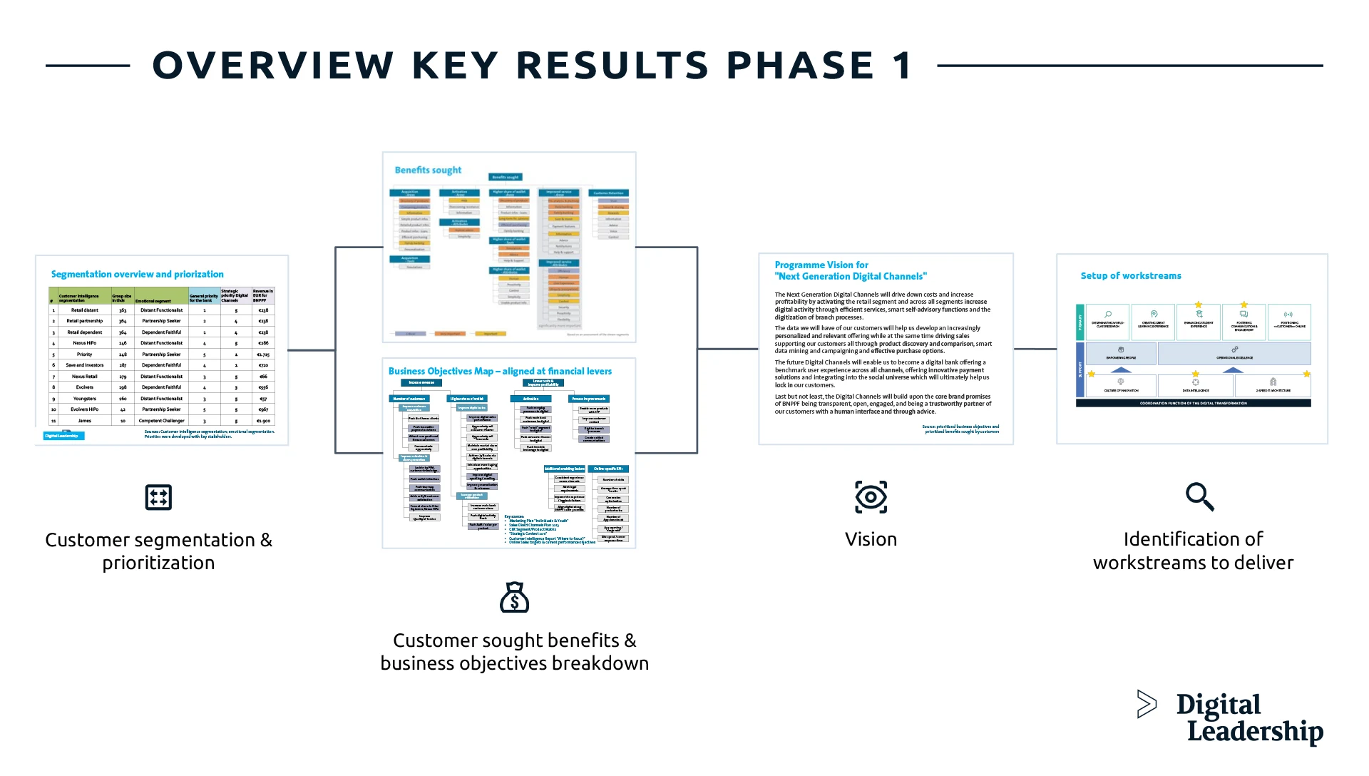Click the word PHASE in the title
click(800, 66)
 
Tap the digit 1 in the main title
click(902, 66)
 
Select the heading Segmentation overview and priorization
click(137, 275)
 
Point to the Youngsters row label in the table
click(84, 399)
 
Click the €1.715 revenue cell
click(263, 354)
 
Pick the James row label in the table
click(84, 421)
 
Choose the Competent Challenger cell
click(161, 421)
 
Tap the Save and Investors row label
click(84, 365)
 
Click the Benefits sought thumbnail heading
click(428, 170)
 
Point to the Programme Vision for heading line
click(821, 265)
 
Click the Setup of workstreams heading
click(1131, 276)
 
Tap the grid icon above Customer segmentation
click(158, 497)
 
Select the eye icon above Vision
click(871, 497)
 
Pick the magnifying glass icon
click(1199, 497)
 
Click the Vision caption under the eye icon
click(871, 539)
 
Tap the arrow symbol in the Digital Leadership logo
click(1147, 704)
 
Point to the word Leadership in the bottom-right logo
click(1255, 732)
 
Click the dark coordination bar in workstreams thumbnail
click(1193, 404)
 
